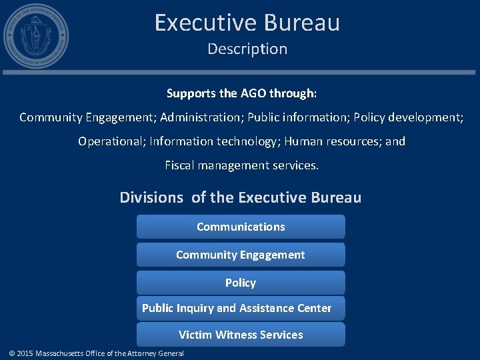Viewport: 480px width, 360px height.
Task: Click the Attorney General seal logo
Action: tap(35, 36)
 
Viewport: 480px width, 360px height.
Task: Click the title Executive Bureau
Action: tap(247, 23)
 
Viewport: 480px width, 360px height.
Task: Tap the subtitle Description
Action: tap(247, 49)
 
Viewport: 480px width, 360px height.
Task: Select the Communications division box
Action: tap(241, 227)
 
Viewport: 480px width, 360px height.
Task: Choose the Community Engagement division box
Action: tap(241, 255)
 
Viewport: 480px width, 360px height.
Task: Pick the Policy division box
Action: tap(241, 283)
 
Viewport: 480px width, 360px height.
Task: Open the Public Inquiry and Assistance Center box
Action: tap(237, 308)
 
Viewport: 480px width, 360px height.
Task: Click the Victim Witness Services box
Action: tap(241, 335)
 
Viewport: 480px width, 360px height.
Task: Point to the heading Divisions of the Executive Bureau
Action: tap(240, 197)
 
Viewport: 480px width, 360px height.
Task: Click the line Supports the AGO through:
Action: tap(241, 93)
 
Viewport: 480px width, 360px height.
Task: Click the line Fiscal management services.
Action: tap(241, 165)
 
